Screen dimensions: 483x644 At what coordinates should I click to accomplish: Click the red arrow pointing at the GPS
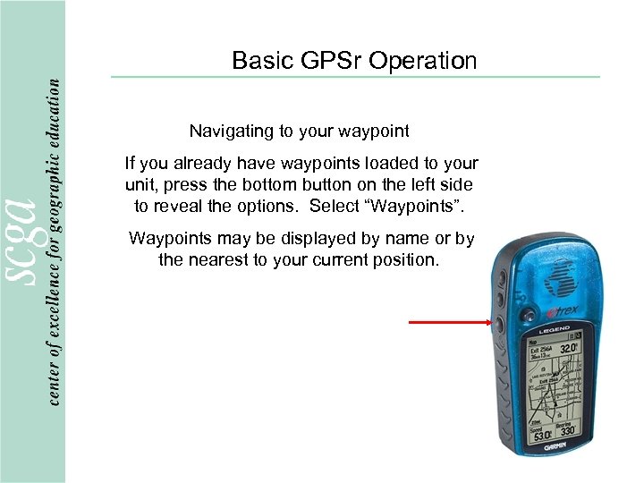[x=447, y=322]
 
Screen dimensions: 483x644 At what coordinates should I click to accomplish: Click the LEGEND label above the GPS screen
[x=554, y=330]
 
